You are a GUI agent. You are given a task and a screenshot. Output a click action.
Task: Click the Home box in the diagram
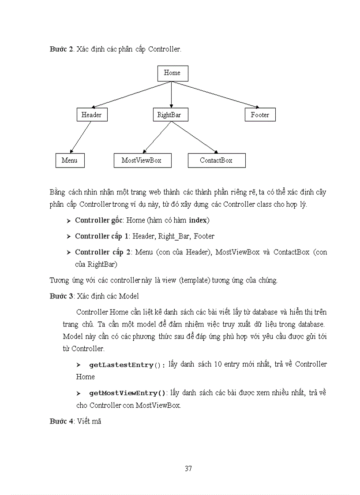172,73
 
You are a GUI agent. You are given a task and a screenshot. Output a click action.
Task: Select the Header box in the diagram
92,115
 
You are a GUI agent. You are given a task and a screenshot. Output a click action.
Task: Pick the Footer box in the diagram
260,115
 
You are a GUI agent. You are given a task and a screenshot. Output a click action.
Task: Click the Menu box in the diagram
70,160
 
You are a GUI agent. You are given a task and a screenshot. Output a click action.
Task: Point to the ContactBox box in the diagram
216,160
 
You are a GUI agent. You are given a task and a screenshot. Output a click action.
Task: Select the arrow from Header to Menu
81,137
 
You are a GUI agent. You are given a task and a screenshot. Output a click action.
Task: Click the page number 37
188,468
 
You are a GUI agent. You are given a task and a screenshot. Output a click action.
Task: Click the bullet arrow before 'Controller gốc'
68,220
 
